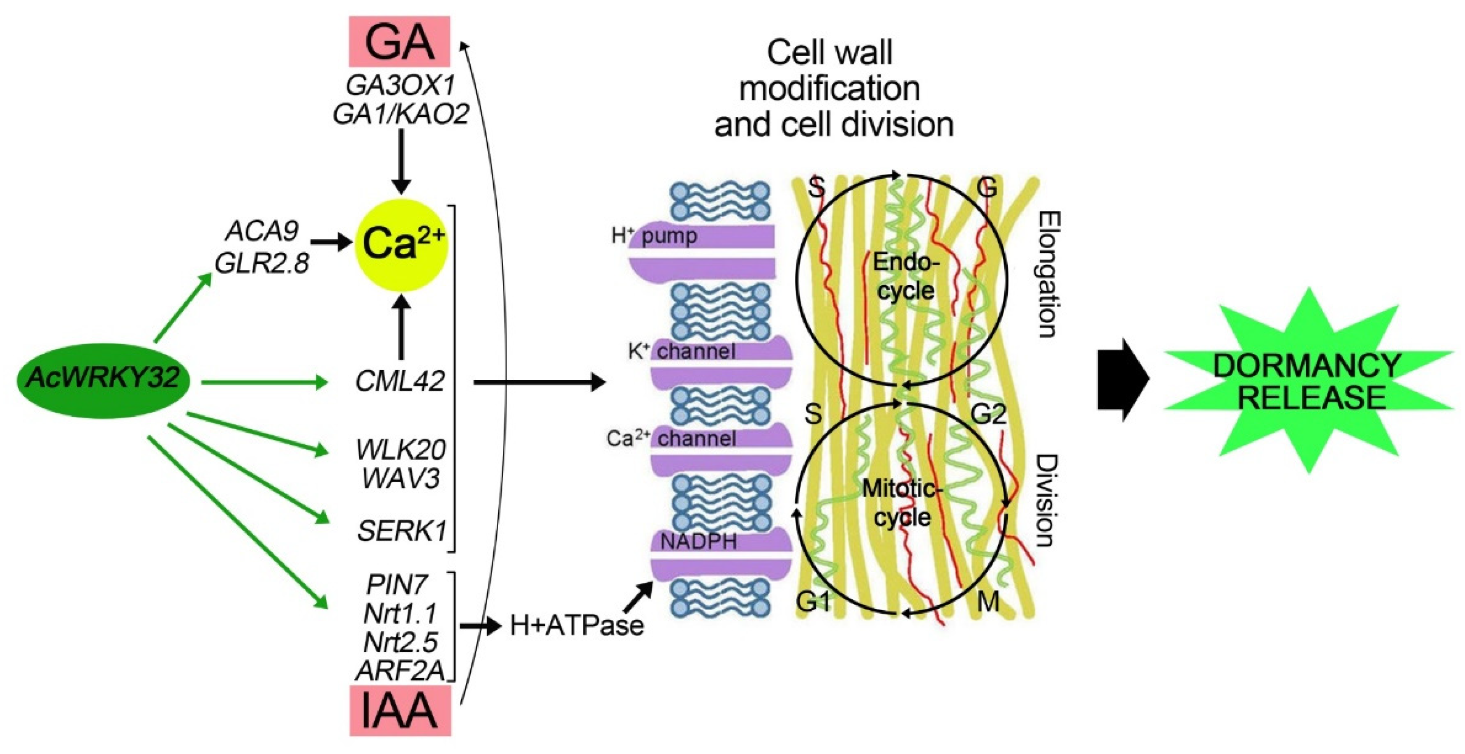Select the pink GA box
pyautogui.click(x=399, y=42)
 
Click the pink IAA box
pyautogui.click(x=400, y=711)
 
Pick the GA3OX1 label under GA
pyautogui.click(x=401, y=86)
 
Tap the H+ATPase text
pyautogui.click(x=577, y=625)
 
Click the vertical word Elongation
pyautogui.click(x=1047, y=274)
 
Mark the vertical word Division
pyautogui.click(x=1046, y=501)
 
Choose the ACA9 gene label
pyautogui.click(x=261, y=231)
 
